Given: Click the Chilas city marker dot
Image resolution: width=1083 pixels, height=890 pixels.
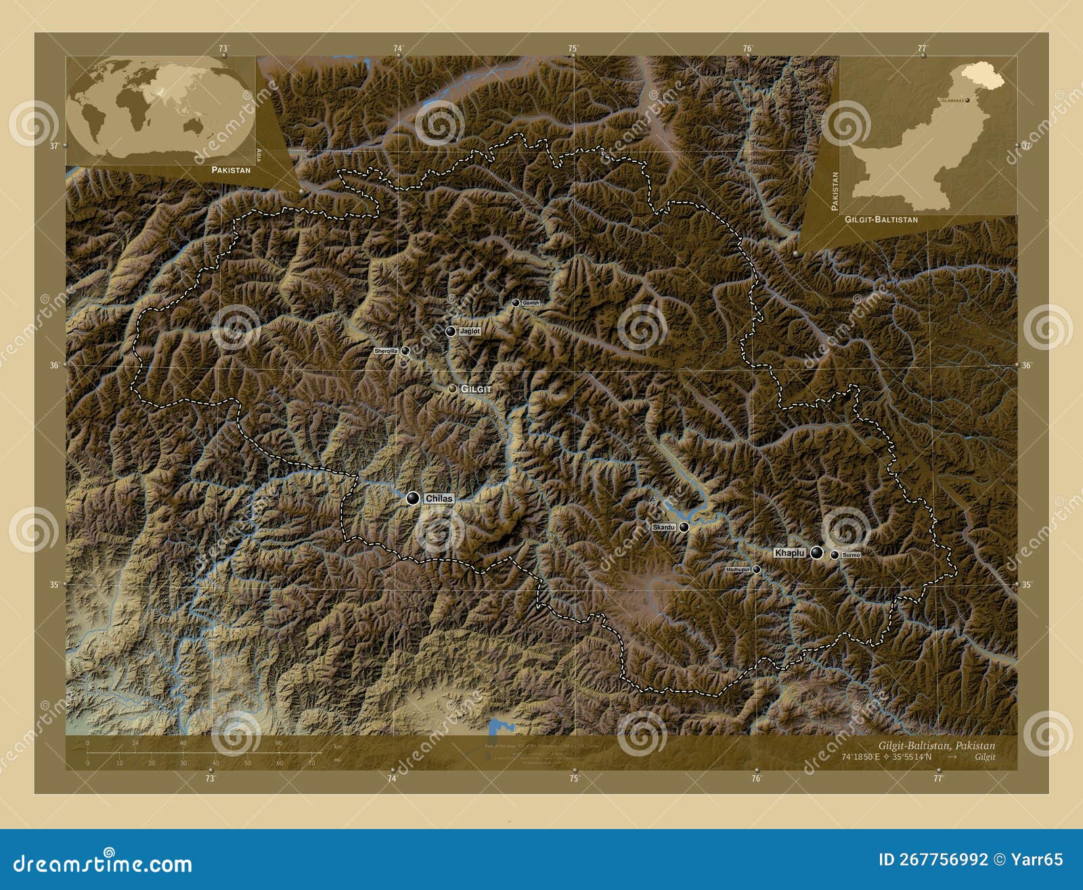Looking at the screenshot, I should [412, 499].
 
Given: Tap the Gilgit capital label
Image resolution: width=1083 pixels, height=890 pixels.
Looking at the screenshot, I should [476, 389].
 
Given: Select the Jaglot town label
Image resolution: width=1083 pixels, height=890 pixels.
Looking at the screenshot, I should [470, 332].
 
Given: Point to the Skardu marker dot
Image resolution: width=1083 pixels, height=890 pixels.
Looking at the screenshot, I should [684, 527].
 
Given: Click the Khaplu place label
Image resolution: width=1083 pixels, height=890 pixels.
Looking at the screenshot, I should [790, 553].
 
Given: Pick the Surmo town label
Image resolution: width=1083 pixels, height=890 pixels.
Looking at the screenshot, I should [852, 555].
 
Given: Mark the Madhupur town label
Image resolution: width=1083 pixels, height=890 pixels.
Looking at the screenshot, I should [738, 570].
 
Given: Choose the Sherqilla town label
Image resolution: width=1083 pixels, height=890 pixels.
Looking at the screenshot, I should [386, 351].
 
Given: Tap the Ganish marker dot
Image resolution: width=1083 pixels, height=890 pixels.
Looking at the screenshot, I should [516, 303].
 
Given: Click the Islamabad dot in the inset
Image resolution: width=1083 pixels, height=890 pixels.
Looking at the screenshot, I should [968, 100].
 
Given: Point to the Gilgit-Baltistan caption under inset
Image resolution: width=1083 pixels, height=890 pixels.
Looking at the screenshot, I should [881, 219].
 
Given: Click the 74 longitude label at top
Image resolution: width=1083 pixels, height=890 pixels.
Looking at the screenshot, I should [398, 48].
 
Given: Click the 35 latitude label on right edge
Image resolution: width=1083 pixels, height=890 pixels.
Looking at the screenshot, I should [1027, 585].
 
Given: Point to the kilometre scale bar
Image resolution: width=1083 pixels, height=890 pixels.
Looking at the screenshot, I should [203, 753].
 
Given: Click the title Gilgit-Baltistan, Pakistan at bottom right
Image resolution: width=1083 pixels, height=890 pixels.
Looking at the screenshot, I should [937, 746].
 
